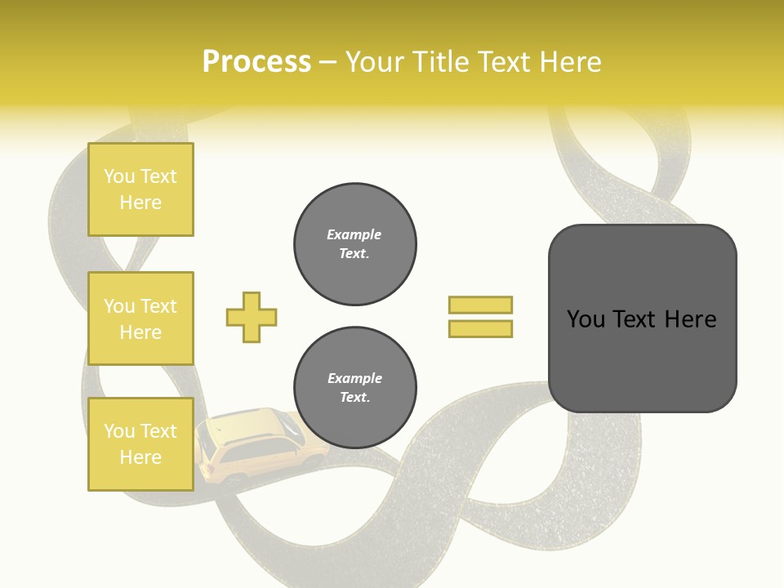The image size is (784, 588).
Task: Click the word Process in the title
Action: [x=256, y=62]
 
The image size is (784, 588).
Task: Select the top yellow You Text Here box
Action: [x=140, y=189]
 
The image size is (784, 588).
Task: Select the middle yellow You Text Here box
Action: [x=140, y=318]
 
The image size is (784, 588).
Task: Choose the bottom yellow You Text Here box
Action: [x=140, y=444]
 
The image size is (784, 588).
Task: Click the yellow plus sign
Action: [x=252, y=317]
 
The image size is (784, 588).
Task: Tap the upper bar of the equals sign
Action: [x=480, y=305]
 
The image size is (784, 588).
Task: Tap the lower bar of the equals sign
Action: [x=480, y=328]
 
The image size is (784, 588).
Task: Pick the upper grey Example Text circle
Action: [x=355, y=244]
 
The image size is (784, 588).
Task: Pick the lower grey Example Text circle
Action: [x=355, y=387]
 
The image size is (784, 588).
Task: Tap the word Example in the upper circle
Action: [x=354, y=234]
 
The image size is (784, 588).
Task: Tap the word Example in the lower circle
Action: [x=354, y=378]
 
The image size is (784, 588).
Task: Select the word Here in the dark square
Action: [x=690, y=319]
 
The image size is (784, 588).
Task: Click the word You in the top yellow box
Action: [x=119, y=176]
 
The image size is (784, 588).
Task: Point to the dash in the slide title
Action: [x=328, y=62]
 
